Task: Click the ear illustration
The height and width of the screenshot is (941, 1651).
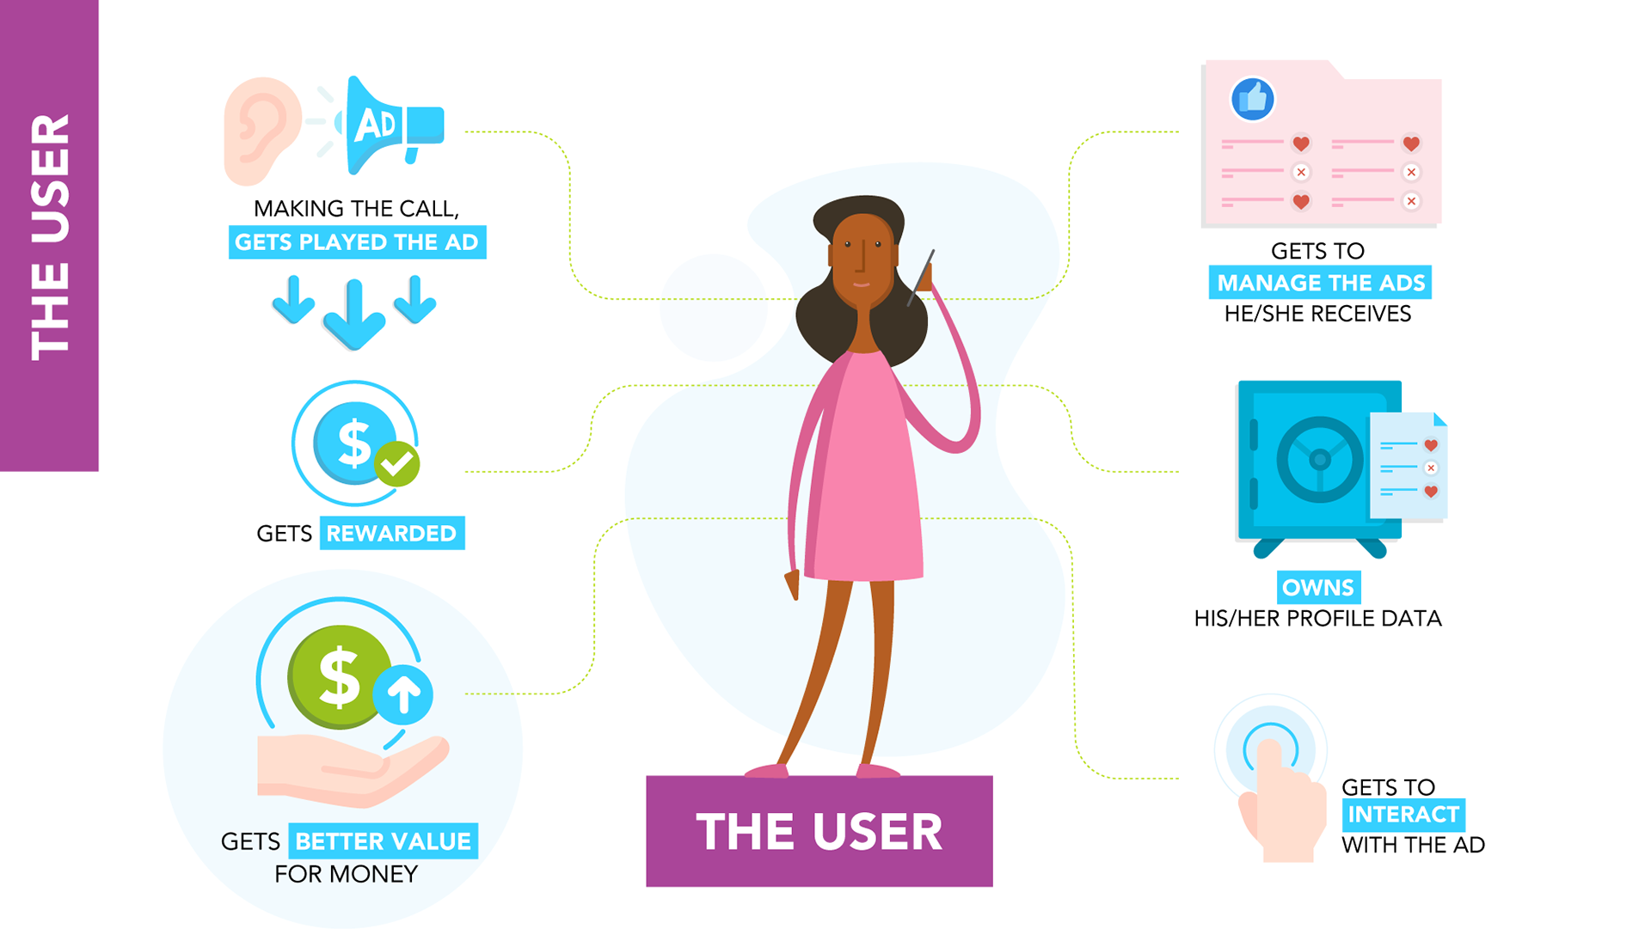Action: (261, 130)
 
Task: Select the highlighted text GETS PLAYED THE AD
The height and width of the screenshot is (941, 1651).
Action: (357, 242)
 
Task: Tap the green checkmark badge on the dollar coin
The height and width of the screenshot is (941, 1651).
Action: (397, 464)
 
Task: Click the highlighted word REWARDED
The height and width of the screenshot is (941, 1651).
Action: (391, 534)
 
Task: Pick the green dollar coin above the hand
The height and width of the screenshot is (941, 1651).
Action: (338, 676)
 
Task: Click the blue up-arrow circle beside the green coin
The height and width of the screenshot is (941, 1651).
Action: (403, 693)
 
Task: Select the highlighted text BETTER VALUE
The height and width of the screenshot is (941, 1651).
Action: (384, 841)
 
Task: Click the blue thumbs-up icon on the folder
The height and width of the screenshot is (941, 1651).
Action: (1252, 99)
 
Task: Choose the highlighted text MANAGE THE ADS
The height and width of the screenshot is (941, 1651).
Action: (1320, 283)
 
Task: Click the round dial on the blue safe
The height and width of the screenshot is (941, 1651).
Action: (1319, 460)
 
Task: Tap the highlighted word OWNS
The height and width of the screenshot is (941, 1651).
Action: (1318, 588)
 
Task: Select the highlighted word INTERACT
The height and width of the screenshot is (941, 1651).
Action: (1403, 815)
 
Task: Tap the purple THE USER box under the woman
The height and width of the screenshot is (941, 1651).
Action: (819, 831)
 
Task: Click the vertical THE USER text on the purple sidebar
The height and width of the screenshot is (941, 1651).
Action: (50, 236)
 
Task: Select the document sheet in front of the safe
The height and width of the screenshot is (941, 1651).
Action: (1408, 466)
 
